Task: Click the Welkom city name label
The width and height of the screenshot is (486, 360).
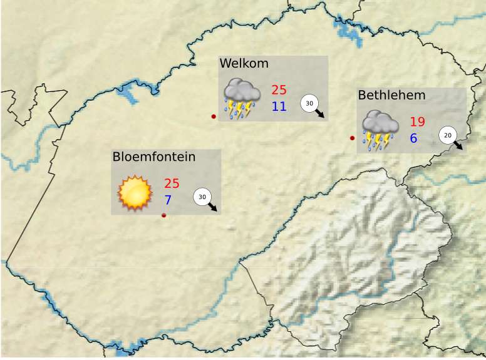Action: point(244,63)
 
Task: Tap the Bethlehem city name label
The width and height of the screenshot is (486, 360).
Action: point(391,95)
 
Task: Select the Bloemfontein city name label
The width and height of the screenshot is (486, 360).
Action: point(154,157)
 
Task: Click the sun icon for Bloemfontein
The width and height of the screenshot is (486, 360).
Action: point(135,193)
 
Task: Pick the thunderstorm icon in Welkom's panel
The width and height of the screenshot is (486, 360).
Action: point(242,99)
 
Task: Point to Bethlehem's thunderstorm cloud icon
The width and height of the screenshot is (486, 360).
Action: point(380,131)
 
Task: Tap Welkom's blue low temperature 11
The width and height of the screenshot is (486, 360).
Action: point(279,106)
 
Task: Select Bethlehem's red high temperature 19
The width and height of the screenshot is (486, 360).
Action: point(417,122)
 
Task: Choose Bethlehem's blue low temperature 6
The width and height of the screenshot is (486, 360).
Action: point(413,138)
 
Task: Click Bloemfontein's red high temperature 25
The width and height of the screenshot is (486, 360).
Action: point(172,184)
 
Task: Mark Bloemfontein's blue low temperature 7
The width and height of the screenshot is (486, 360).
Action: point(168,200)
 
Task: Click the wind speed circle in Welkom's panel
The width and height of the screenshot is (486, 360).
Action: point(309,103)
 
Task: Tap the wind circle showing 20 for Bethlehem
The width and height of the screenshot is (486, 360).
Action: point(447,135)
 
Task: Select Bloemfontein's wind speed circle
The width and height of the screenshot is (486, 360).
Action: point(202,197)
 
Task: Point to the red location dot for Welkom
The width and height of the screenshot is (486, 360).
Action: point(214,116)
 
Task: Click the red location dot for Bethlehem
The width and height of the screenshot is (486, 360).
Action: point(352,138)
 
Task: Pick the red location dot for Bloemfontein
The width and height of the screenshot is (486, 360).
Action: point(164,215)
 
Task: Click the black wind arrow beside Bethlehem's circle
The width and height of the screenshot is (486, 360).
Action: point(459,146)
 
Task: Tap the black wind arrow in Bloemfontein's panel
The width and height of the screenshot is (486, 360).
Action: point(214,208)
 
